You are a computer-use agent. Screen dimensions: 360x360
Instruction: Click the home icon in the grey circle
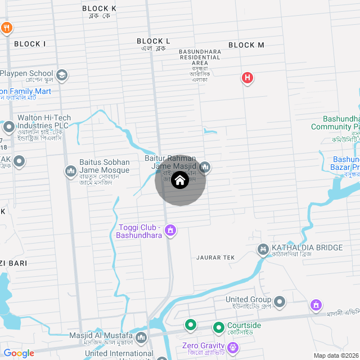point(179,181)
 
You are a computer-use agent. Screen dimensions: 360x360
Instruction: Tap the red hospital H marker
point(247,78)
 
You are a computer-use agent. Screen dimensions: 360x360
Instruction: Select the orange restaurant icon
point(6,27)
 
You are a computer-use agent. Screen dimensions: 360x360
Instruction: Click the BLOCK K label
point(99,8)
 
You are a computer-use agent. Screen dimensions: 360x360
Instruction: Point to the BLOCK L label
point(153,41)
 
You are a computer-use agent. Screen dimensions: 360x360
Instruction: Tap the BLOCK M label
point(246,45)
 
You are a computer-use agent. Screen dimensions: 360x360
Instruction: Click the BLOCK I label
point(30,44)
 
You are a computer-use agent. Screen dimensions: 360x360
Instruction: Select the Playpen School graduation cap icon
point(62,74)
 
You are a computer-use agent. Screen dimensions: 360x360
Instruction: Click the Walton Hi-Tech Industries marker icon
point(8,126)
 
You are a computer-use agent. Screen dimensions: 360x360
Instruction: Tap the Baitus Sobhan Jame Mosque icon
point(71,170)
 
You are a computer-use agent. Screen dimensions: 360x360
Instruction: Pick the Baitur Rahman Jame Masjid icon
point(205,166)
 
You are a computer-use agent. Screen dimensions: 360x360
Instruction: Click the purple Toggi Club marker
point(171,230)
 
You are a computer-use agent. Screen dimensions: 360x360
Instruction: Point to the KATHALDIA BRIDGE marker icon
point(263,248)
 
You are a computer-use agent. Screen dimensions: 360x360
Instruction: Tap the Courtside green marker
point(219,327)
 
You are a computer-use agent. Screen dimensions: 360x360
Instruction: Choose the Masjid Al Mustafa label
point(101,336)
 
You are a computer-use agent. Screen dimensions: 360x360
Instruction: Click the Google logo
point(19,353)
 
